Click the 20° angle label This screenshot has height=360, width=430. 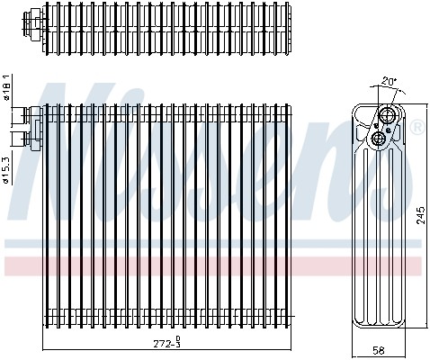click(x=388, y=80)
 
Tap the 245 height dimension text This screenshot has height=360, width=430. click(x=419, y=214)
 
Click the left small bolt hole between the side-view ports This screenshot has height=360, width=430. click(x=372, y=129)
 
